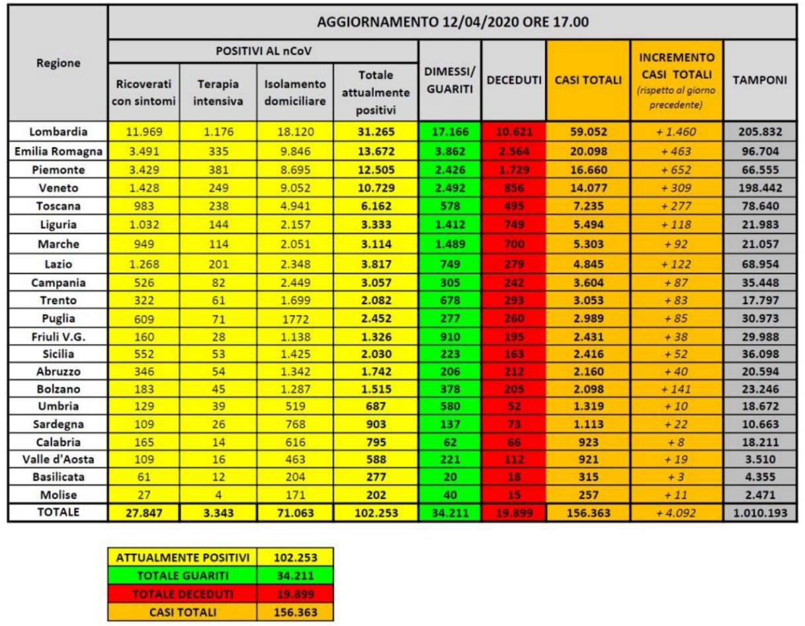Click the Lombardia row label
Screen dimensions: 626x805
tap(59, 131)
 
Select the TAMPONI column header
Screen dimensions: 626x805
tap(759, 80)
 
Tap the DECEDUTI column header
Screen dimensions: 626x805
tap(514, 80)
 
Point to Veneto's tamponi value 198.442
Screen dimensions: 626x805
tap(759, 187)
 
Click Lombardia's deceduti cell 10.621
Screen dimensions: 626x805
tap(514, 131)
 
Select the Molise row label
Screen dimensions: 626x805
tap(59, 494)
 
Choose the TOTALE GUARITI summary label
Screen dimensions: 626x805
tap(183, 575)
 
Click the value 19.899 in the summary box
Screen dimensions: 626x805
tap(296, 594)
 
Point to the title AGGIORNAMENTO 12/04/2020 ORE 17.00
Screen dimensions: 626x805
tap(452, 21)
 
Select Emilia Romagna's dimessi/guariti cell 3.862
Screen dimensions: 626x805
tap(450, 150)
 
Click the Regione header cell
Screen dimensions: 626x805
tap(59, 63)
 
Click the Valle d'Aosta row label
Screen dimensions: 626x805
tap(59, 457)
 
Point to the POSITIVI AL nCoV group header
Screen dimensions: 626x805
tap(263, 51)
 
